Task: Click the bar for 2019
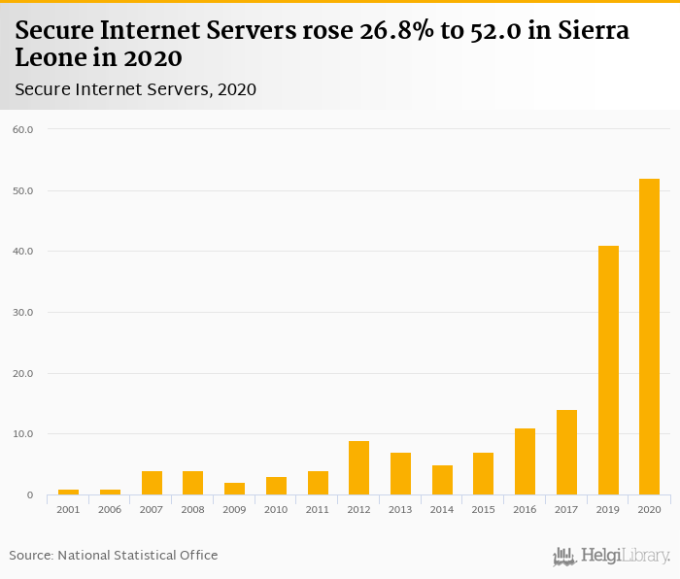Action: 607,370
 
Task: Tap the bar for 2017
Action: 566,453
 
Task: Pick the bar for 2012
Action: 358,468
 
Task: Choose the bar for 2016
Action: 525,461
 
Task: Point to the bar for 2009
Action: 234,489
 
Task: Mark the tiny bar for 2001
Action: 68,492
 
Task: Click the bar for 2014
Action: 442,480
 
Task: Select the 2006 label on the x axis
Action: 110,509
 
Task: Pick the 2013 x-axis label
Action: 400,509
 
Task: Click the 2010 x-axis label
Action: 276,509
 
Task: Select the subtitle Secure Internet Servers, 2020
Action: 136,90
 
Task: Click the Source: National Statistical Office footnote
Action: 114,555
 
